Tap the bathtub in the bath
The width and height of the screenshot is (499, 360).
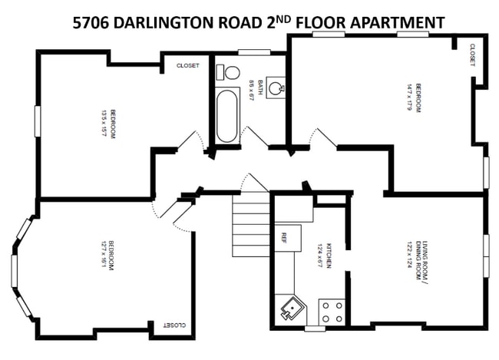pos(228,116)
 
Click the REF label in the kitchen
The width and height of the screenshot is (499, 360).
pos(284,236)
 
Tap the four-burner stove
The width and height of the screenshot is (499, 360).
pos(332,312)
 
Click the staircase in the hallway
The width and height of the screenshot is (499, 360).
pos(251,223)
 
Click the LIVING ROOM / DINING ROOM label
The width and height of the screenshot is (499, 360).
pos(422,260)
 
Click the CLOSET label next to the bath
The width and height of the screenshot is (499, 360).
pos(187,65)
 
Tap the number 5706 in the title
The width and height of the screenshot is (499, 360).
pos(91,22)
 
